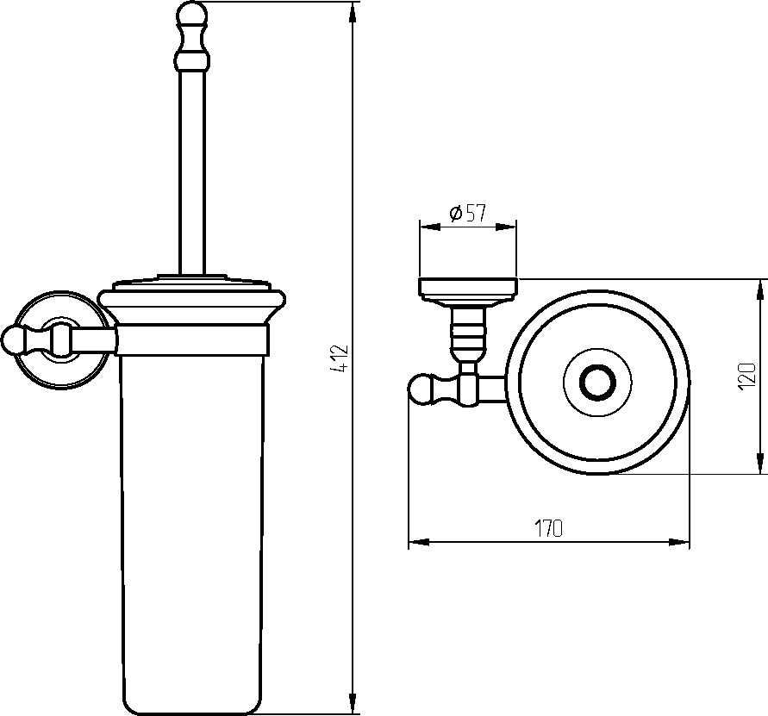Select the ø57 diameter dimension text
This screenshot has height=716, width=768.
tap(467, 213)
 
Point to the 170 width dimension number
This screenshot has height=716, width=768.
tap(548, 528)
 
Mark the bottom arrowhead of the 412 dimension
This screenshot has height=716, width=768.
tap(353, 703)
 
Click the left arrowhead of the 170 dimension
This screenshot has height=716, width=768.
tap(419, 542)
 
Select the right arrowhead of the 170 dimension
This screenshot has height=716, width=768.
tap(679, 542)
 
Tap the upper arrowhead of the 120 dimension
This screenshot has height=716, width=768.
tap(759, 290)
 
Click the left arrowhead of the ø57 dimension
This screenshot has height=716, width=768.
tap(430, 227)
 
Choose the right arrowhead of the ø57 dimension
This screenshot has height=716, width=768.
tap(506, 227)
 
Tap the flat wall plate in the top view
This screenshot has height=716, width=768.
tap(468, 288)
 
